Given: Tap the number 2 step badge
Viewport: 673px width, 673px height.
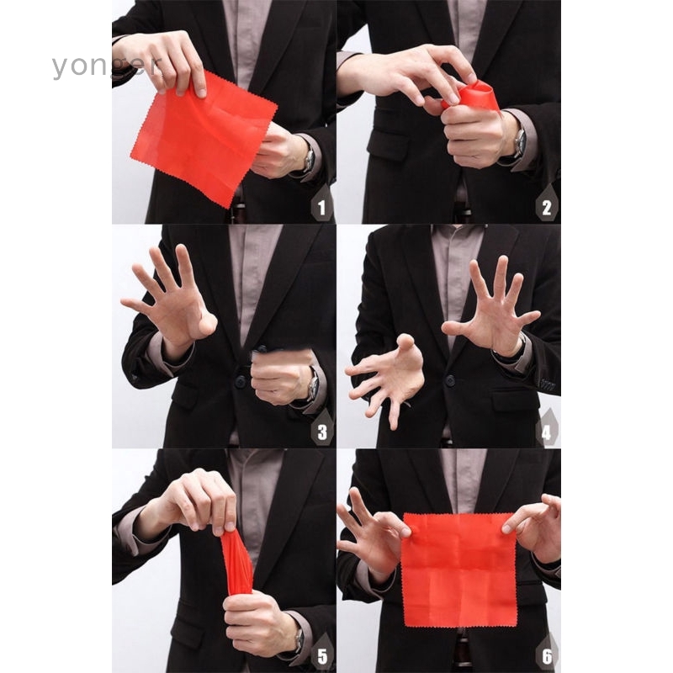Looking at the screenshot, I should pyautogui.click(x=548, y=205).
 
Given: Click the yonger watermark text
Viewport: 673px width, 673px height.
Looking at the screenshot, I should pyautogui.click(x=105, y=66).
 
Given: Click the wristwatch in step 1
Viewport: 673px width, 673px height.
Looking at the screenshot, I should pyautogui.click(x=308, y=158).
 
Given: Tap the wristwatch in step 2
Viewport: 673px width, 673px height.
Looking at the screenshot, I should pyautogui.click(x=519, y=143).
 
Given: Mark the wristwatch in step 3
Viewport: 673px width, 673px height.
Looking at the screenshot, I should pyautogui.click(x=312, y=386).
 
